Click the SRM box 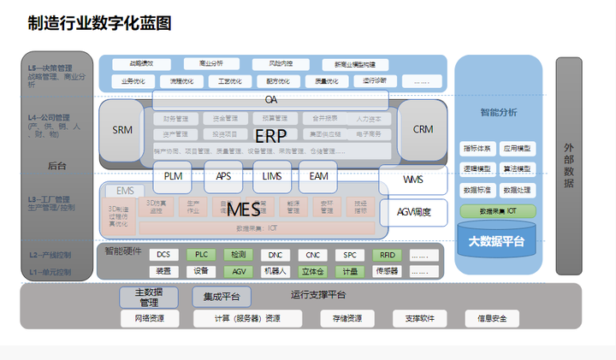(122, 130)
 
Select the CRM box (423, 130)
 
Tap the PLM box (173, 177)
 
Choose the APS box (224, 177)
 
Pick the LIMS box (272, 177)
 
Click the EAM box (319, 177)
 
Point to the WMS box (413, 180)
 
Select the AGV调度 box (414, 211)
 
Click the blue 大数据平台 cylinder (496, 241)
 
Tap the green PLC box (202, 255)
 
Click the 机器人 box (275, 271)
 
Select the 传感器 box (387, 271)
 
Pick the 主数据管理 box (149, 297)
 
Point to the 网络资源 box (149, 319)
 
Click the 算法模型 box (517, 168)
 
